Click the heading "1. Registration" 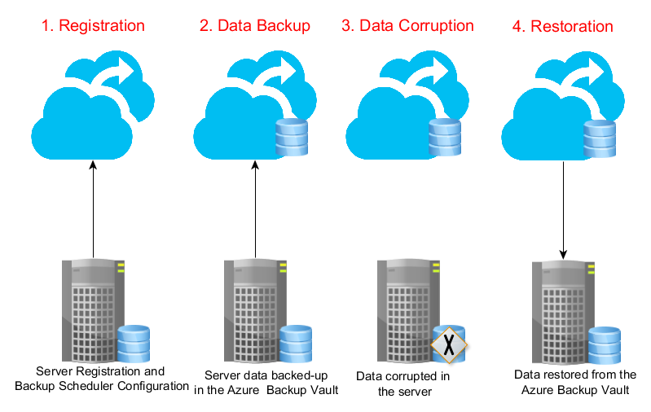pyautogui.click(x=92, y=25)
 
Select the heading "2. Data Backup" pyautogui.click(x=254, y=25)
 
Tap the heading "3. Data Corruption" pyautogui.click(x=407, y=25)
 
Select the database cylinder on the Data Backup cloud pyautogui.click(x=292, y=137)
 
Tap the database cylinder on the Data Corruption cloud pyautogui.click(x=445, y=137)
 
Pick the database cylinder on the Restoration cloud pyautogui.click(x=599, y=138)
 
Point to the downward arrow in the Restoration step pyautogui.click(x=564, y=208)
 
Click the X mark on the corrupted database pyautogui.click(x=448, y=347)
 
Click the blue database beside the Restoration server pyautogui.click(x=604, y=346)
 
